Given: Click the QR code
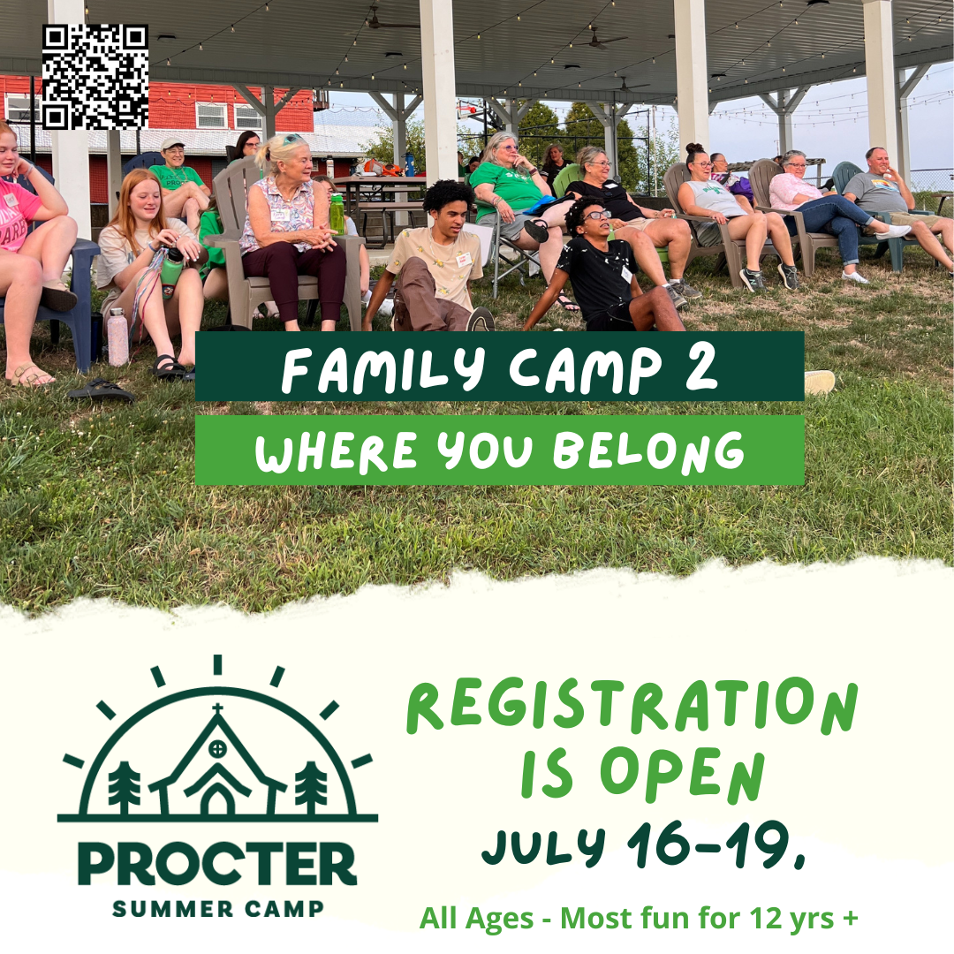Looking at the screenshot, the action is pos(95,77).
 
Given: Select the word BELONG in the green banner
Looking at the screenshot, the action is pos(648,451).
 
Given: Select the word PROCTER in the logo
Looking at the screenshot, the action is pos(217,864).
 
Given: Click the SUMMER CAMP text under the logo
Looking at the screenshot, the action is pos(218,909).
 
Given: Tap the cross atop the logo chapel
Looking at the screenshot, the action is pos(217,709).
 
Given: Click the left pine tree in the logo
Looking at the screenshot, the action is pos(125,787).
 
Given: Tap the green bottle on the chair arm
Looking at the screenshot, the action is pos(337,213).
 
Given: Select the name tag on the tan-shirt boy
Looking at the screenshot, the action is pos(465,259).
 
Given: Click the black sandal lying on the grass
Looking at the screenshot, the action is pos(101,390).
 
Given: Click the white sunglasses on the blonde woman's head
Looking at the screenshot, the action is pos(292,139).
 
